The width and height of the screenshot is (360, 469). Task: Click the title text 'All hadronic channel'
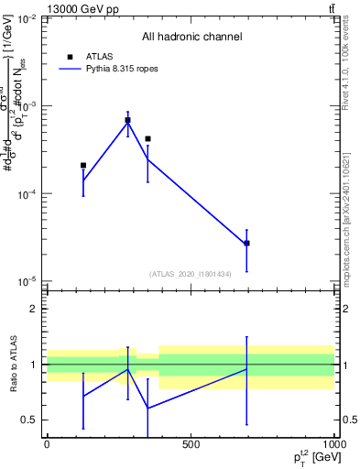(x=191, y=38)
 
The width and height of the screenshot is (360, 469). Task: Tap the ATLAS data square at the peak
(x=128, y=120)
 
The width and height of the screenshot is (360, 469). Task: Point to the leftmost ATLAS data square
(x=83, y=166)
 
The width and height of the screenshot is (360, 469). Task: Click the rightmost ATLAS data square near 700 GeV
(x=246, y=243)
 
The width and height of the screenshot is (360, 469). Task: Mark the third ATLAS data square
(x=147, y=139)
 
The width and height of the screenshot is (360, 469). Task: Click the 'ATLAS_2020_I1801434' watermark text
(x=191, y=274)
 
